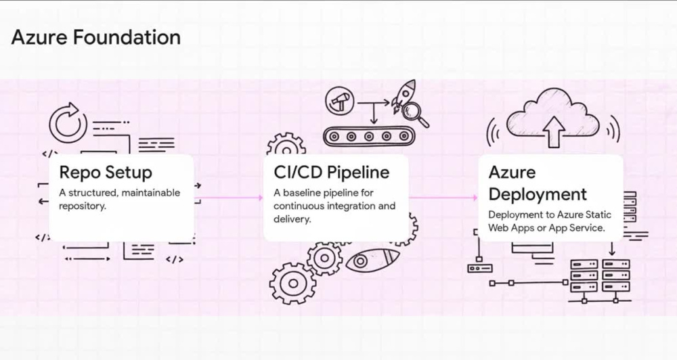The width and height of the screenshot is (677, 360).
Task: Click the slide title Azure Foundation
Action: (x=96, y=37)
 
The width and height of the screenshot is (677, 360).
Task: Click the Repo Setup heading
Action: (x=106, y=173)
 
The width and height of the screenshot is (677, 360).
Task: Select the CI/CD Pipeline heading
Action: (x=332, y=173)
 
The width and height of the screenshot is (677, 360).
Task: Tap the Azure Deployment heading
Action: (x=538, y=183)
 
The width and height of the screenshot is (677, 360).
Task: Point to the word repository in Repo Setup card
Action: (x=82, y=206)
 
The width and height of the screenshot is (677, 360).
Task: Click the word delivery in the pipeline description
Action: (x=292, y=219)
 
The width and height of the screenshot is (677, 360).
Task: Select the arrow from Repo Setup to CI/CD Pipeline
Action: (x=228, y=198)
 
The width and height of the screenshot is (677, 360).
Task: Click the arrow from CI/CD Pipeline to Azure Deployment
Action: (x=443, y=198)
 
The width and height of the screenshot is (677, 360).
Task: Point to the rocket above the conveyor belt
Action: (x=403, y=96)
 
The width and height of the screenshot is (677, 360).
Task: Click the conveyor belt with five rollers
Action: (x=368, y=137)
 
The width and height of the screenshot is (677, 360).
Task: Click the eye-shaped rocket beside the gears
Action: (x=372, y=260)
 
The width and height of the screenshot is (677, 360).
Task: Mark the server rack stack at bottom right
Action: (x=600, y=276)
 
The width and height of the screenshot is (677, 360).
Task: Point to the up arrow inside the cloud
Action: (x=553, y=132)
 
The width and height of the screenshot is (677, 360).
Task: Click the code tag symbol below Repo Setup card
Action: (x=175, y=259)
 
